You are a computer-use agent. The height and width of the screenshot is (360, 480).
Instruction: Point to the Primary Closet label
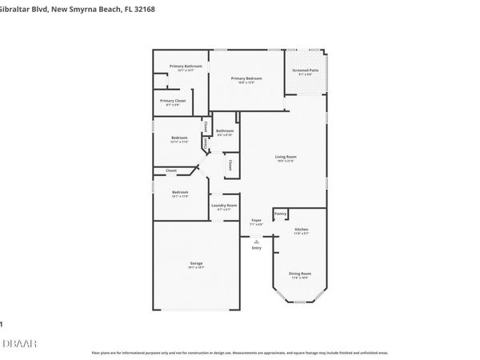pos(173,101)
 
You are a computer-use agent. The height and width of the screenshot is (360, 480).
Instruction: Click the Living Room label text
pos(286,157)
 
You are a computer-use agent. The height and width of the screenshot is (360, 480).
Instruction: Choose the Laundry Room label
pos(224,206)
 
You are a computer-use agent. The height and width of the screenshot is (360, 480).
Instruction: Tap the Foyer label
pos(256,220)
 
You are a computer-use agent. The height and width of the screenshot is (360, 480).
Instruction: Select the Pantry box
pos(280,214)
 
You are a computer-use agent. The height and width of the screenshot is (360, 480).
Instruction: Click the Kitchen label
pos(300,230)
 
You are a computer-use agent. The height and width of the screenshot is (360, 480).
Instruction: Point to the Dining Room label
pos(300,274)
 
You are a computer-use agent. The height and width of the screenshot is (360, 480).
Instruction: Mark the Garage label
pos(196,263)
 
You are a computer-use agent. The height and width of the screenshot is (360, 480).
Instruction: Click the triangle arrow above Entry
pos(256,241)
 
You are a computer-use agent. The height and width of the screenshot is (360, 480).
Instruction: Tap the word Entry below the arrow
pos(256,248)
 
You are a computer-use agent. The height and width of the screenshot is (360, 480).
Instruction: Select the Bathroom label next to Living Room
pos(225,131)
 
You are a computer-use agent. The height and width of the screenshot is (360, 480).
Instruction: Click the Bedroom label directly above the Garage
pos(180,192)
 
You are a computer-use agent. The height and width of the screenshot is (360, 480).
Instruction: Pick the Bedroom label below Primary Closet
pos(179,138)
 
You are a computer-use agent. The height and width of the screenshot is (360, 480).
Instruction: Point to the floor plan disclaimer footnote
pos(240,353)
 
